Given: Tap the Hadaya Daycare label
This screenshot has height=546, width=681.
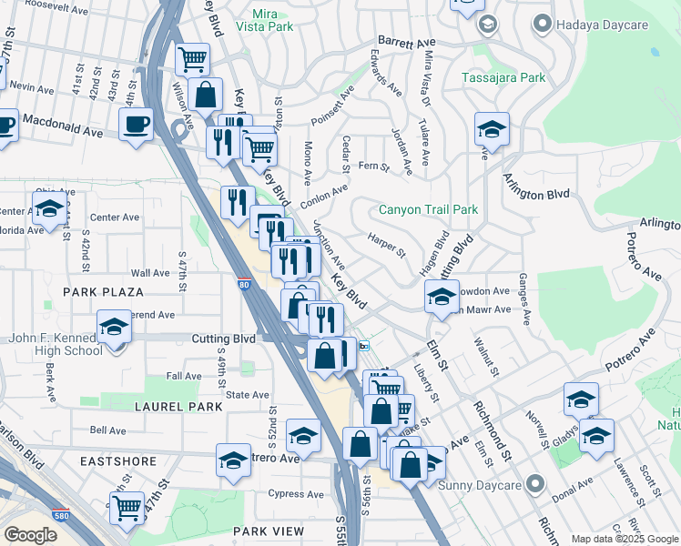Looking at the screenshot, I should [593, 23].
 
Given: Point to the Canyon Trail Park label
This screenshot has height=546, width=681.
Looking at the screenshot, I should [427, 209].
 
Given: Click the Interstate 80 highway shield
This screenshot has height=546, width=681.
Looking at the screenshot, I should [243, 285].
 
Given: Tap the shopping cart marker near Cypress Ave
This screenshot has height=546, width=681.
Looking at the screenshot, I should [127, 506].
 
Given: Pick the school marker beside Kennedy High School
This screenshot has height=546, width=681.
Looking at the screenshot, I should [115, 327].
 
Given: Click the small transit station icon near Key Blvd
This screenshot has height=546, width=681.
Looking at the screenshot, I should [364, 346].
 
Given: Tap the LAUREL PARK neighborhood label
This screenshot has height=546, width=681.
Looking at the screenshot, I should [178, 407].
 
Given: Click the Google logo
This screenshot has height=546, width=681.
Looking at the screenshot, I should [30, 534].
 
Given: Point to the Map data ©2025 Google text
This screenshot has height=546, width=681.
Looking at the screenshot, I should [624, 539].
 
